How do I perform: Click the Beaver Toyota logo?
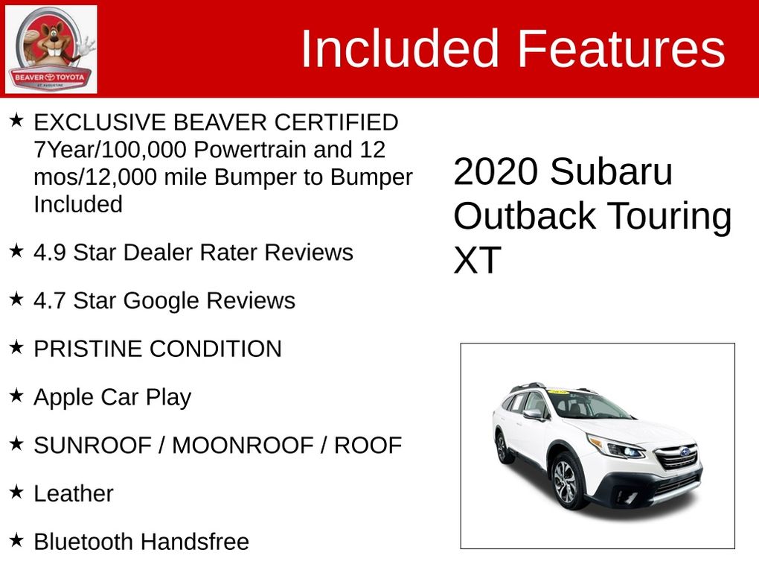51,49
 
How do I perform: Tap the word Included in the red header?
400,48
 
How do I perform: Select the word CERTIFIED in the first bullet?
336,122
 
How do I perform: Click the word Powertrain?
250,149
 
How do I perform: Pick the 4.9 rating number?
50,253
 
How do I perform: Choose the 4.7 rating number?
50,300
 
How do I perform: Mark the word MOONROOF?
243,446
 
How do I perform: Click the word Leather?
74,494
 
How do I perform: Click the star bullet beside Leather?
16,492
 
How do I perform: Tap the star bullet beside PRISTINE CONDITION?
16,346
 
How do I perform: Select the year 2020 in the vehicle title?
496,171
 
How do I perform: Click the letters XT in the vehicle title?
477,260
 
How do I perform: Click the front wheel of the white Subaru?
566,482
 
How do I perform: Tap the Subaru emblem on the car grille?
685,452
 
